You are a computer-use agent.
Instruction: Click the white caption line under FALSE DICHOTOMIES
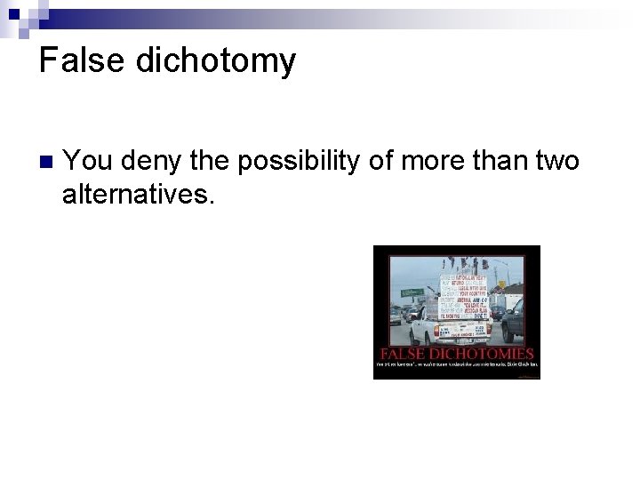457,364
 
